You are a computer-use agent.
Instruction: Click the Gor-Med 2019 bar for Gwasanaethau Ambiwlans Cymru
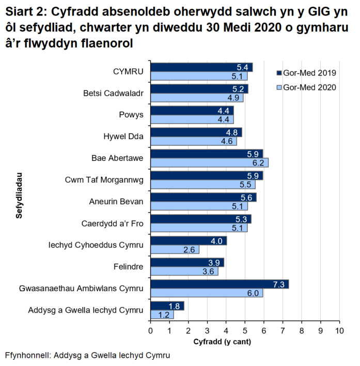click(x=219, y=284)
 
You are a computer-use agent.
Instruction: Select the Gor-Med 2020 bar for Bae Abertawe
click(x=209, y=162)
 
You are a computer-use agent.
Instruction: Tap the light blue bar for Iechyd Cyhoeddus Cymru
click(x=175, y=250)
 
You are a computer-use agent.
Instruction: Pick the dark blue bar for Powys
click(x=192, y=111)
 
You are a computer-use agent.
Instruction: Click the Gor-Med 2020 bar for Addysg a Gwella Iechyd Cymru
click(x=162, y=314)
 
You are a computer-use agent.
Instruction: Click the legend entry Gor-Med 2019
click(x=307, y=73)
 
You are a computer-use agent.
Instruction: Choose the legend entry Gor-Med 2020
click(x=307, y=87)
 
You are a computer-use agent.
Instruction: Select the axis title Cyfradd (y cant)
click(x=218, y=342)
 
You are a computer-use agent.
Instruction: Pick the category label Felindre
click(x=128, y=267)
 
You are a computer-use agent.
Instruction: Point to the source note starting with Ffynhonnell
click(x=87, y=356)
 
